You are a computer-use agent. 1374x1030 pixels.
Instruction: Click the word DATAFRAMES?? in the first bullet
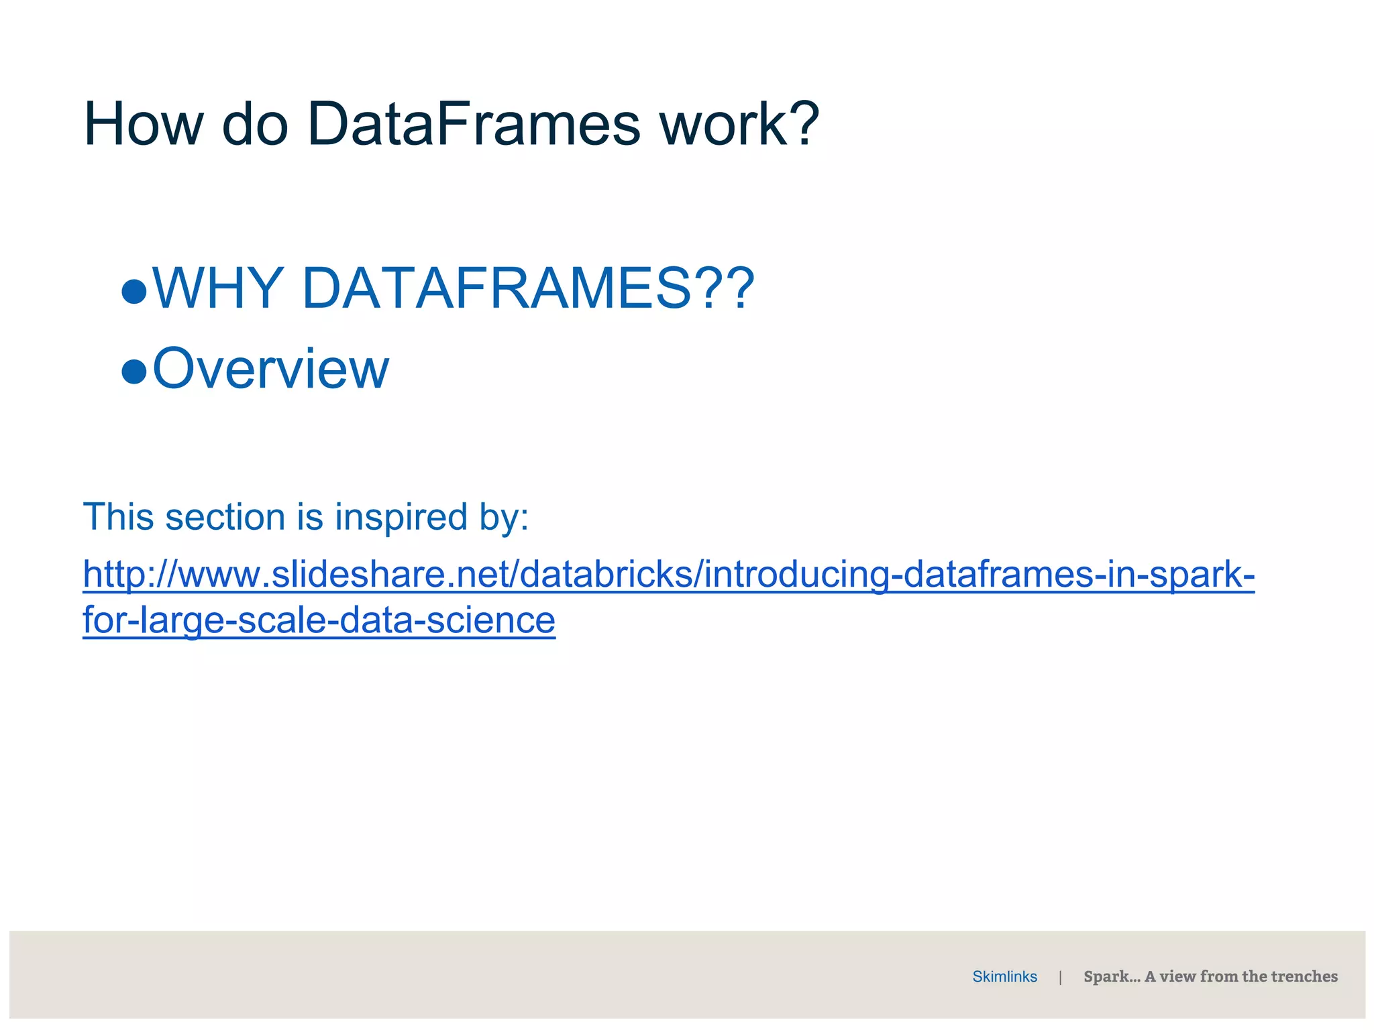click(528, 288)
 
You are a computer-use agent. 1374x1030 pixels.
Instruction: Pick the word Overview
click(270, 368)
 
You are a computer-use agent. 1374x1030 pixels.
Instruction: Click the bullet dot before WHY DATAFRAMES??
click(134, 292)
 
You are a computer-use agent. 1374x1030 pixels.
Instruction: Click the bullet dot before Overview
click(134, 371)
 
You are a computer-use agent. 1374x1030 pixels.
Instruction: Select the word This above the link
click(118, 517)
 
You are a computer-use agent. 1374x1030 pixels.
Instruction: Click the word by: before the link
click(503, 517)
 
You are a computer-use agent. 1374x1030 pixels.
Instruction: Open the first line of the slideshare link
click(668, 575)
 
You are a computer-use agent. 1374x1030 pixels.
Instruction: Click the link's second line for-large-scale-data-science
click(319, 620)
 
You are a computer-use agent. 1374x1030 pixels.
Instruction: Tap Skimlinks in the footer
click(1004, 976)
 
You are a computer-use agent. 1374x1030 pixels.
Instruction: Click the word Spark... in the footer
click(1112, 976)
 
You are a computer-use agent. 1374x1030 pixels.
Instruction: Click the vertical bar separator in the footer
click(1060, 977)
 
